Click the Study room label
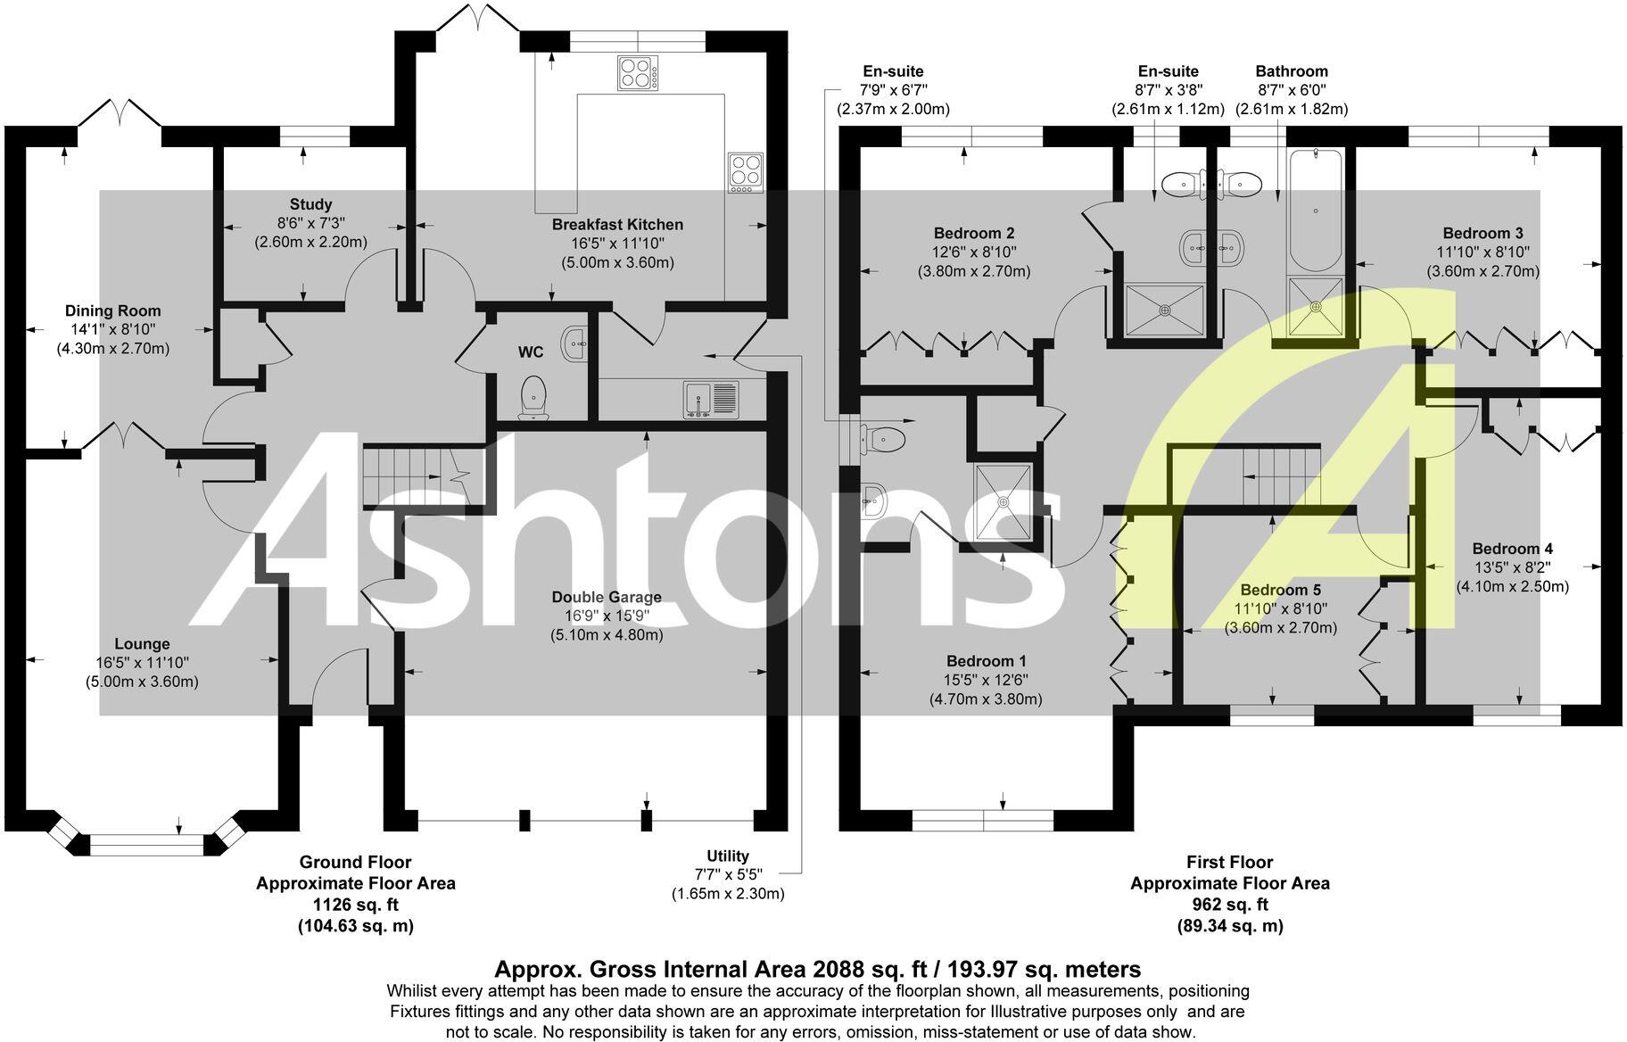pyautogui.click(x=310, y=204)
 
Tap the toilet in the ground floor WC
pyautogui.click(x=533, y=396)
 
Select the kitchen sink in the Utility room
pyautogui.click(x=712, y=398)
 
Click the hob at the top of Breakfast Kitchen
pyautogui.click(x=638, y=73)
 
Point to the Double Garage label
pyautogui.click(x=607, y=597)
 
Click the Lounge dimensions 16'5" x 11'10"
pyautogui.click(x=142, y=663)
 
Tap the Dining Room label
pyautogui.click(x=113, y=310)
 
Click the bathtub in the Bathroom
pyautogui.click(x=1315, y=210)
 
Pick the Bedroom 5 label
pyautogui.click(x=1281, y=590)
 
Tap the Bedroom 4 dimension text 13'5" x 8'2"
pyautogui.click(x=1513, y=567)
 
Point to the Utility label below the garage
pyautogui.click(x=728, y=856)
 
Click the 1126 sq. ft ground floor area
pyautogui.click(x=355, y=905)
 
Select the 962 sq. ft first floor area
pyautogui.click(x=1230, y=905)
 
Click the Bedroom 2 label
pyautogui.click(x=974, y=233)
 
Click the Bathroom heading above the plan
pyautogui.click(x=1292, y=71)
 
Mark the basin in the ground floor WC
pyautogui.click(x=576, y=342)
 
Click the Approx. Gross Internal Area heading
pyautogui.click(x=817, y=969)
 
